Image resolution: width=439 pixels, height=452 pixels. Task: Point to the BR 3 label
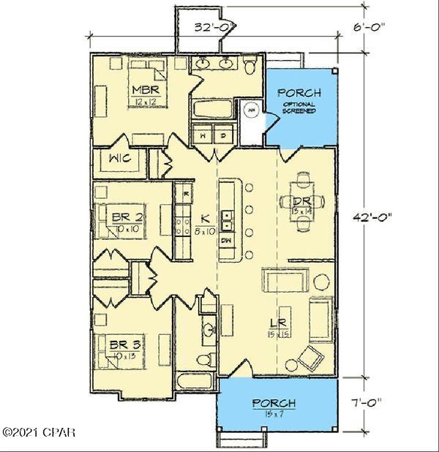coord(125,344)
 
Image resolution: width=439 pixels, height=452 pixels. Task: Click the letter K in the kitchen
coord(206,218)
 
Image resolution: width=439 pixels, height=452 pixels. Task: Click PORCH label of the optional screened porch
coord(300,93)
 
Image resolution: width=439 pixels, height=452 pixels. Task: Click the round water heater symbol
coord(252,110)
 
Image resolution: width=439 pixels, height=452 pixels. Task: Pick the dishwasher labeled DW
coord(226,239)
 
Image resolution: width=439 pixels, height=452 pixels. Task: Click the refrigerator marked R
coord(187,194)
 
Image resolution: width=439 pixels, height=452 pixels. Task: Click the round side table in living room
coord(321,281)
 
